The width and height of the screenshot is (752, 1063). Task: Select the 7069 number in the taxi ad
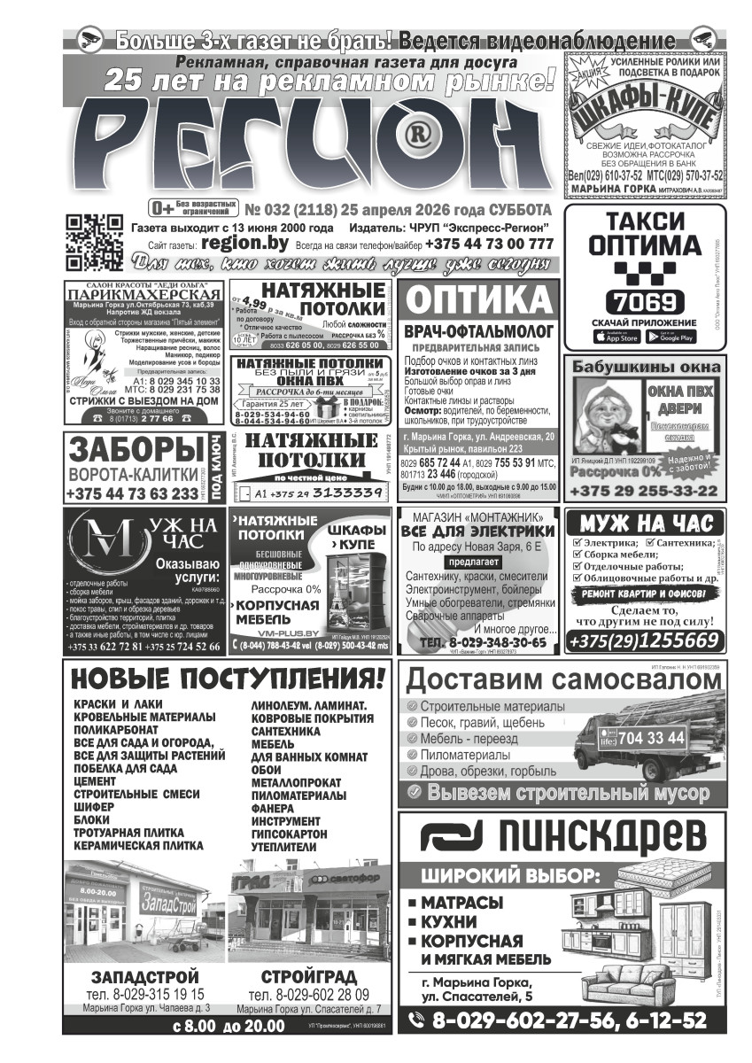[645, 301]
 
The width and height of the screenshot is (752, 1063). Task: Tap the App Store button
[616, 337]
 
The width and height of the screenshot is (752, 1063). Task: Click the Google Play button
[671, 337]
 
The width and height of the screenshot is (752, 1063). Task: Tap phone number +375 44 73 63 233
[133, 493]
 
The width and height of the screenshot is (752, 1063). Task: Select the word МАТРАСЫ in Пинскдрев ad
[461, 903]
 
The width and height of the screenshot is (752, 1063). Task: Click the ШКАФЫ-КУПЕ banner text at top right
[644, 113]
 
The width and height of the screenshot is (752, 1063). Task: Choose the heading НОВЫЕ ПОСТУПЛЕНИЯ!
[229, 679]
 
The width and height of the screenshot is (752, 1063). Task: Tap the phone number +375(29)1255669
[643, 640]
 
